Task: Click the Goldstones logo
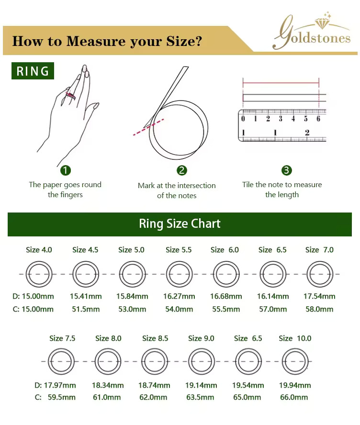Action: [312, 32]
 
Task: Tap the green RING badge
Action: [33, 71]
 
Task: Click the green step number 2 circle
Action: [182, 170]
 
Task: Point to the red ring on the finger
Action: [70, 95]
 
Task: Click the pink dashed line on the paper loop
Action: [148, 127]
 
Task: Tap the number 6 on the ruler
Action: [318, 119]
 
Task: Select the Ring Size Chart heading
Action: [180, 224]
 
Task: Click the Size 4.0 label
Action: [39, 250]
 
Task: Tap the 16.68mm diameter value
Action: [226, 296]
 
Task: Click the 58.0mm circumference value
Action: [319, 309]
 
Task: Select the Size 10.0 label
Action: [295, 338]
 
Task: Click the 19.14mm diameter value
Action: [201, 385]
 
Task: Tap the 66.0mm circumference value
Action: [294, 397]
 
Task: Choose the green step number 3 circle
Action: [287, 170]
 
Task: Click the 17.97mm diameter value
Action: [60, 385]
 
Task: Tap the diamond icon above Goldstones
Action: [322, 23]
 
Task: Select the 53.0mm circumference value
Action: [132, 309]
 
